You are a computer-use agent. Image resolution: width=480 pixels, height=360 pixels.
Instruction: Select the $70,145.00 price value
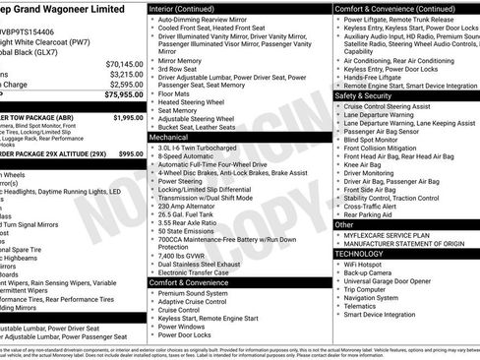[x=123, y=63]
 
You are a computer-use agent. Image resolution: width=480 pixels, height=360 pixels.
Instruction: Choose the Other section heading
[x=345, y=225]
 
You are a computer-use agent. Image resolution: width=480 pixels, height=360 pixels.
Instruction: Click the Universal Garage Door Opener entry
[x=394, y=280]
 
